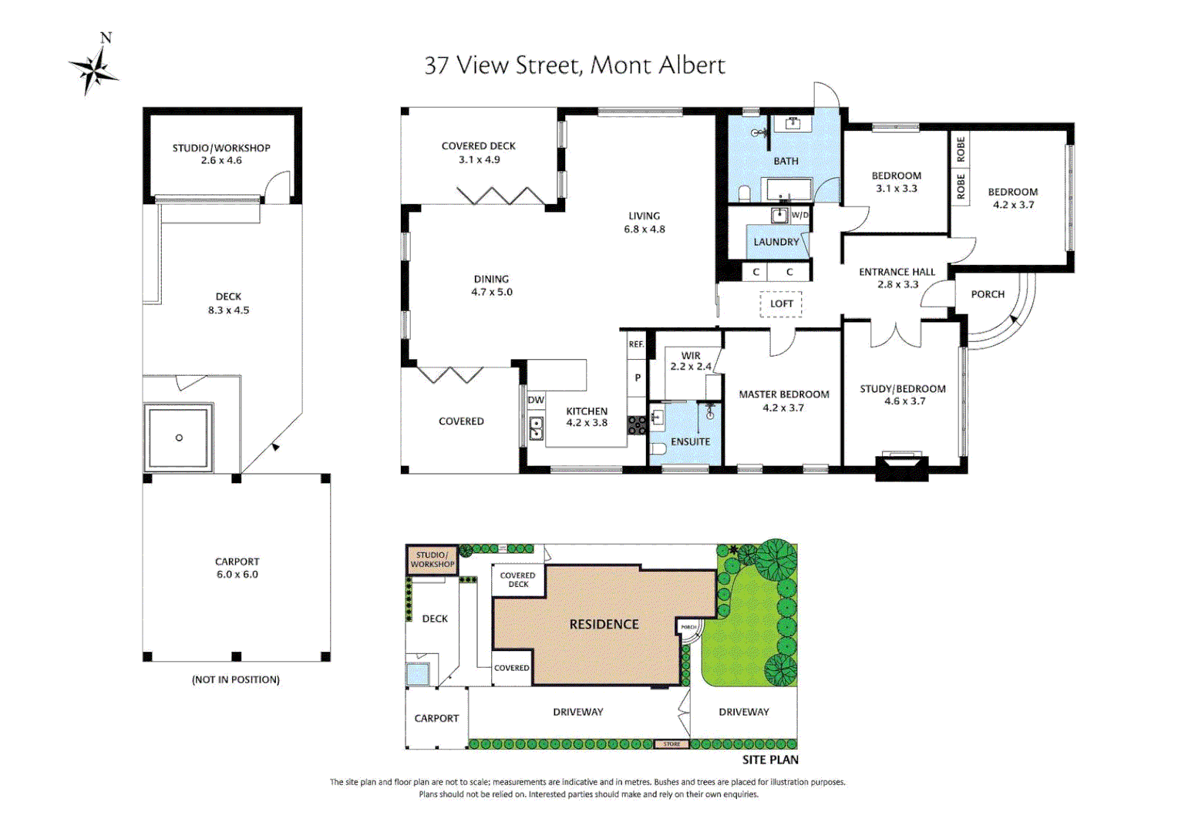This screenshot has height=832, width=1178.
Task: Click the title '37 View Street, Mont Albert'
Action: click(574, 65)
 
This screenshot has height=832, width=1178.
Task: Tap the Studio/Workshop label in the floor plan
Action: click(221, 153)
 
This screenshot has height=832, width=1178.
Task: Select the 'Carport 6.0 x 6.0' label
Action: click(237, 568)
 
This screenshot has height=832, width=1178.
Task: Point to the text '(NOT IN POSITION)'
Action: click(236, 679)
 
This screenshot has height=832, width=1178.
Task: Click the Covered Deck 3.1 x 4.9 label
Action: click(479, 153)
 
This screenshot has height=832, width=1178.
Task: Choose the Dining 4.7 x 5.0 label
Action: click(492, 285)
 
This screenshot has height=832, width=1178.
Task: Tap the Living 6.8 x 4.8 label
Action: click(645, 223)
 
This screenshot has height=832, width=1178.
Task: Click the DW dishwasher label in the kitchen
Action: click(536, 400)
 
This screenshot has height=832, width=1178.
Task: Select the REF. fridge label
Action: click(636, 344)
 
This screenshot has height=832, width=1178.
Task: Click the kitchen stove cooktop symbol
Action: click(637, 425)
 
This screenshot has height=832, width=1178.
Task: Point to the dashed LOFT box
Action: click(781, 304)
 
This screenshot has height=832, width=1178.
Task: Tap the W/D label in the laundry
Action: click(800, 215)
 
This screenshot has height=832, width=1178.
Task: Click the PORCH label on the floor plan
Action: click(988, 294)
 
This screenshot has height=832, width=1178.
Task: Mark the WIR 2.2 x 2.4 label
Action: click(691, 361)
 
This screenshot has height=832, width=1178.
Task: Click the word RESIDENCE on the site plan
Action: click(604, 624)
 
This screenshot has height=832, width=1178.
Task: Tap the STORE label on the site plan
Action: click(671, 744)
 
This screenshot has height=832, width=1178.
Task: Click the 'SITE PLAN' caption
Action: click(770, 760)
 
